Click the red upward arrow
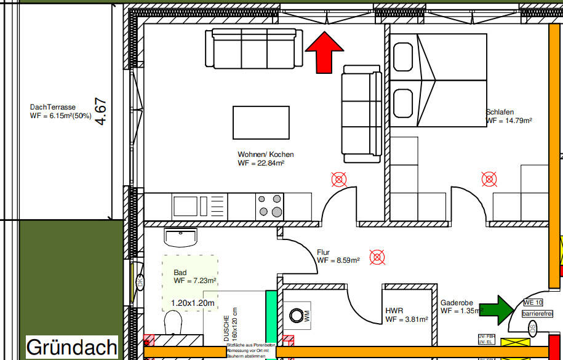click(324, 52)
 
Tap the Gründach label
click(71, 346)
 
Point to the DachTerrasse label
click(53, 107)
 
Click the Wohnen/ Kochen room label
click(266, 154)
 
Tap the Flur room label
click(324, 252)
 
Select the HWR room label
click(394, 311)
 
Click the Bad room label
click(180, 272)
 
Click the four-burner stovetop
click(270, 206)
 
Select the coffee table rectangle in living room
click(261, 122)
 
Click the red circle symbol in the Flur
click(377, 257)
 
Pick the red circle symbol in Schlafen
click(489, 179)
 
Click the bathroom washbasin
click(181, 236)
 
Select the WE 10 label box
click(533, 302)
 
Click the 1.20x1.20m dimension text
click(193, 303)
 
